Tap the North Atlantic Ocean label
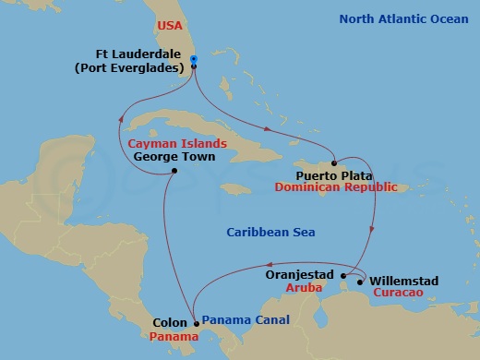pos(402,18)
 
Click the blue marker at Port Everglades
pos(194,61)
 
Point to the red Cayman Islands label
pos(178,144)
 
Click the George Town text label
pos(174,157)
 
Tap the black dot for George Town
pos(174,171)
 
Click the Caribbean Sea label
pos(270,233)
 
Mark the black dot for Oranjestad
pos(343,275)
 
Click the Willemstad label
pos(403,281)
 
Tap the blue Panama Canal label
pos(245,320)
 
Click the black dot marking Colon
pos(196,323)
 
